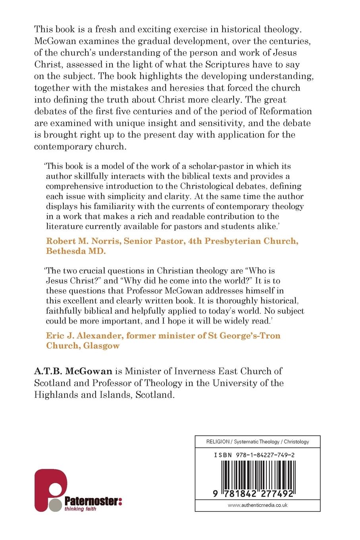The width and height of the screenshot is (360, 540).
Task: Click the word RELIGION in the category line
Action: [x=218, y=442]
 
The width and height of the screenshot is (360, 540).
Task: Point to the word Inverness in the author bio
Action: [x=179, y=372]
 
